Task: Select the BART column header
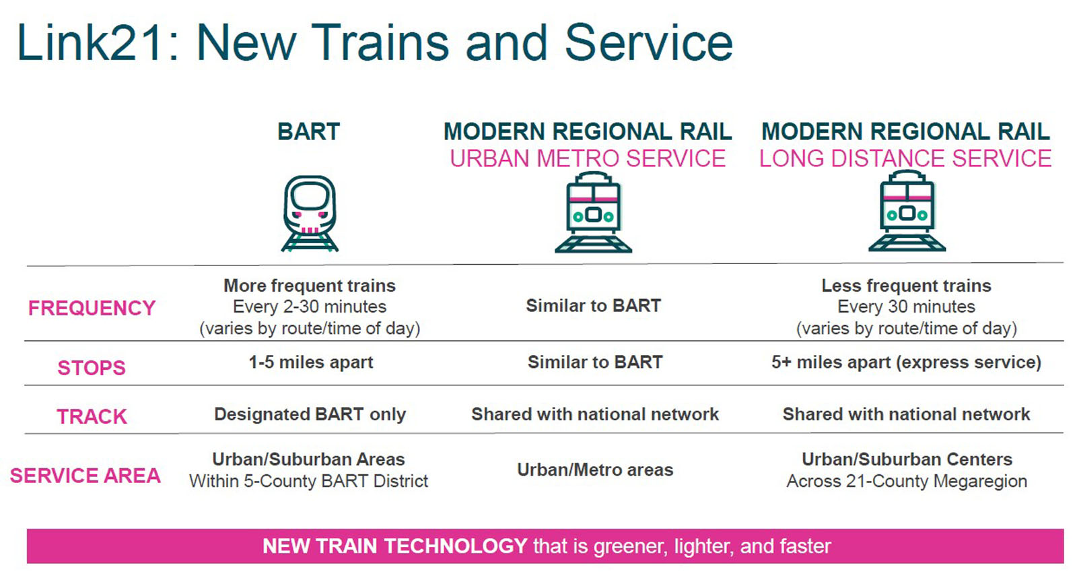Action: point(309,131)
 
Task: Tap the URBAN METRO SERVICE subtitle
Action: point(588,159)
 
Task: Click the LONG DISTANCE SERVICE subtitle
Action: point(905,159)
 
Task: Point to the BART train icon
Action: point(310,213)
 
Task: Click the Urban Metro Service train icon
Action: point(593,212)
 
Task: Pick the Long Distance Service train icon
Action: point(907,211)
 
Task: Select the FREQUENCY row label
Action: point(92,308)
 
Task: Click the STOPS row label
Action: point(92,368)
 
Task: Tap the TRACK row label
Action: point(92,416)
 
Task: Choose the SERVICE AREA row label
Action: point(85,476)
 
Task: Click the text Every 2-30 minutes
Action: point(310,307)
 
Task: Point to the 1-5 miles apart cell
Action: point(310,362)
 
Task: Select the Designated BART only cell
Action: point(310,414)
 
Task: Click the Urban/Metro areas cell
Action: point(595,470)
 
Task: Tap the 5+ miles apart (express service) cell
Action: point(906,362)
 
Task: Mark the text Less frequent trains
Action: point(906,286)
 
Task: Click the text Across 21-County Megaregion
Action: point(907,481)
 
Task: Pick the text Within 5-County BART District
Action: point(309,481)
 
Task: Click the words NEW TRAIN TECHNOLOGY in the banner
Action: point(394,546)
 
